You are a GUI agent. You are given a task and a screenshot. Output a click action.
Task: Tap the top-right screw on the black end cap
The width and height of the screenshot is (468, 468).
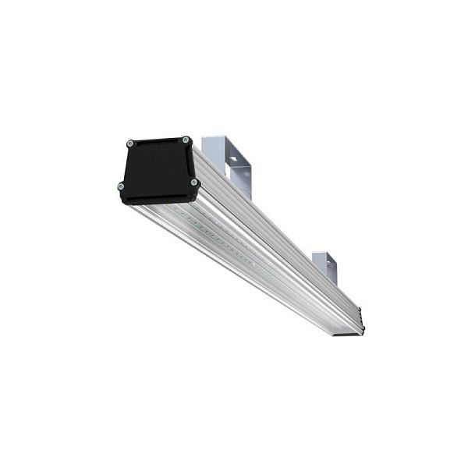point(185,140)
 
